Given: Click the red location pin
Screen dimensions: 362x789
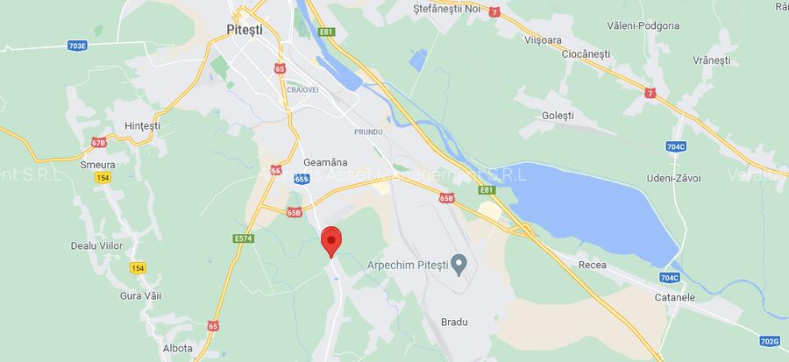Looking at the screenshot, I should (x=331, y=239).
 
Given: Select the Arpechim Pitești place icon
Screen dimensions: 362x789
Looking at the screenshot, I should (x=458, y=264).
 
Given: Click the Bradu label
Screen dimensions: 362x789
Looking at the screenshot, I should (x=453, y=322).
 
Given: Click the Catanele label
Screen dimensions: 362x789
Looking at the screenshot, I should (x=674, y=297).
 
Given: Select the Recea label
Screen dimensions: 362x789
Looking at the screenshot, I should (x=594, y=264).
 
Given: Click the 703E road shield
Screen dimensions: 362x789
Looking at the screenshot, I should (x=78, y=45).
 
